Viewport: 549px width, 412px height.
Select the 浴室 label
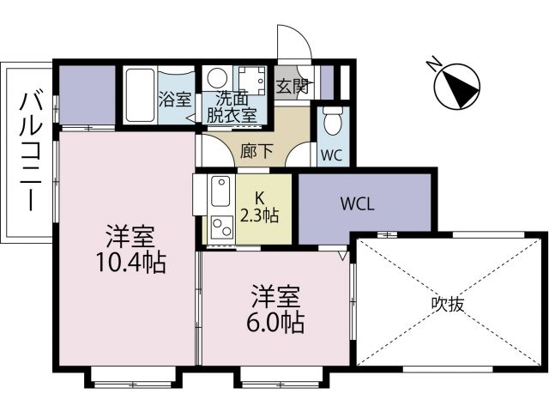[176, 99]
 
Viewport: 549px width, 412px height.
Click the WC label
[331, 156]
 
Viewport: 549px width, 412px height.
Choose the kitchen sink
[220, 191]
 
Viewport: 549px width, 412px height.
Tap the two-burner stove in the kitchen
[221, 227]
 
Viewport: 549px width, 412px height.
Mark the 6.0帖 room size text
[277, 324]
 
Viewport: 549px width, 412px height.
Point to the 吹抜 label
[448, 304]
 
